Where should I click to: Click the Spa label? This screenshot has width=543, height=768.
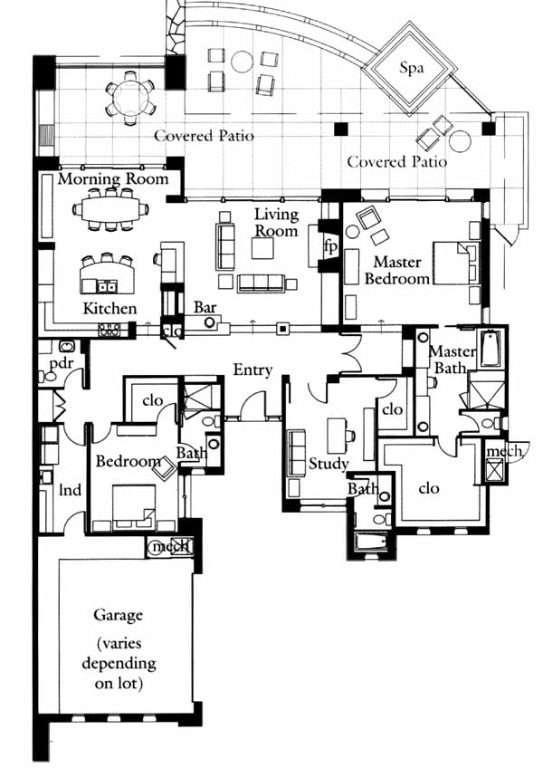[x=411, y=68]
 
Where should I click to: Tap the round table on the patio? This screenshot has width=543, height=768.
[x=129, y=98]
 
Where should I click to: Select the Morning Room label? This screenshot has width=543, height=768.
[x=113, y=178]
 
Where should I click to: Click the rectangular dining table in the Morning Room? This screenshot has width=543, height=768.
[x=110, y=209]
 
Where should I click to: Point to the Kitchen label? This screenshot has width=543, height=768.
[x=110, y=308]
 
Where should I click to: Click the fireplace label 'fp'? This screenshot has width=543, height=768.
[x=331, y=246]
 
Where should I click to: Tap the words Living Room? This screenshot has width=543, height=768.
[x=276, y=222]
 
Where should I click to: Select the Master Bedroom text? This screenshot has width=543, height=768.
[x=397, y=270]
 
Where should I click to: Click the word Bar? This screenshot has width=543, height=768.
[x=205, y=307]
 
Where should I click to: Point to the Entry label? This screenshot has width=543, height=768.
[x=252, y=370]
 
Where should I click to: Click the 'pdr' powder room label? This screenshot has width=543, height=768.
[x=62, y=363]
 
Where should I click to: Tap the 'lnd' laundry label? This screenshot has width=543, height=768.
[x=70, y=489]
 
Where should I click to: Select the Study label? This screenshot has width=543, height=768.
[x=328, y=464]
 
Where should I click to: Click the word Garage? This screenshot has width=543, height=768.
[x=118, y=615]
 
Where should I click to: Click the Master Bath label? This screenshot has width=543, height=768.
[x=452, y=359]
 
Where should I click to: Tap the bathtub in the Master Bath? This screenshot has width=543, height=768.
[x=491, y=349]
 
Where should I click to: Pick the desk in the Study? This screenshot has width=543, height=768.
[x=337, y=436]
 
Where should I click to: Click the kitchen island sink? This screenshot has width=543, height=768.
[x=106, y=285]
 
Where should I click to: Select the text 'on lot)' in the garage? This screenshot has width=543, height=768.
[x=119, y=683]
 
